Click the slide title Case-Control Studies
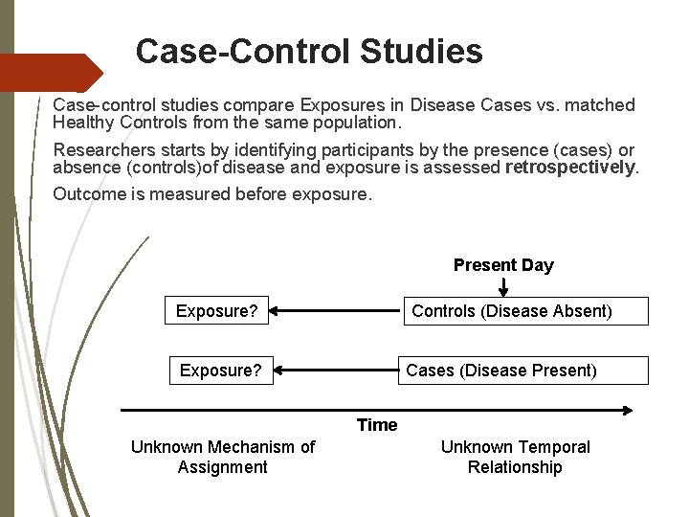click(x=308, y=51)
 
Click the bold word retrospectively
click(x=570, y=169)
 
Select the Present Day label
click(x=502, y=265)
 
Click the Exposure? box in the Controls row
click(x=216, y=311)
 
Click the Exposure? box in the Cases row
click(x=221, y=370)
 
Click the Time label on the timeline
click(x=377, y=425)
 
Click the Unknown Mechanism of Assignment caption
click(x=222, y=457)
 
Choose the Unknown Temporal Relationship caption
click(x=515, y=457)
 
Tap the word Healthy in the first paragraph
click(x=81, y=123)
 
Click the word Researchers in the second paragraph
click(x=99, y=150)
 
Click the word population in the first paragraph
click(x=358, y=123)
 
